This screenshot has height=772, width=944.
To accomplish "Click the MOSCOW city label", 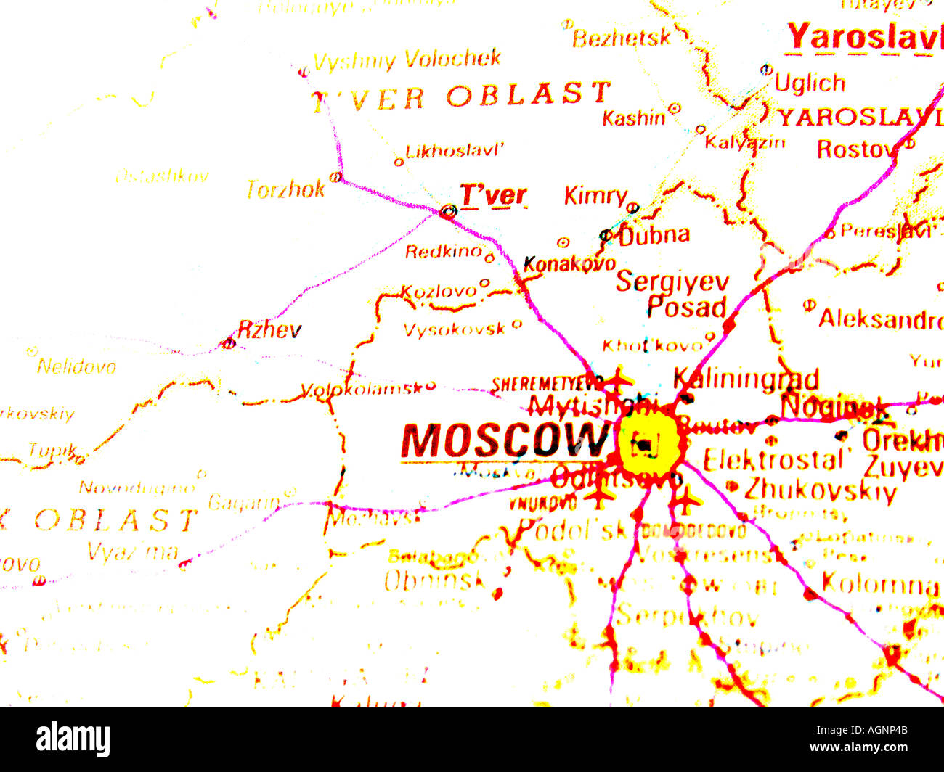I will [502, 440].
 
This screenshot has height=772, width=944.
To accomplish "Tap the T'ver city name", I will [493, 195].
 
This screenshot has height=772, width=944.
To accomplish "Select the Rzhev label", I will [269, 330].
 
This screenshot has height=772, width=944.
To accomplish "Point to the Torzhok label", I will [286, 189].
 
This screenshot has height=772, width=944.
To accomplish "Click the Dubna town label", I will [654, 234].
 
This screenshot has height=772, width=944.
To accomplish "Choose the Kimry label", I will [595, 196].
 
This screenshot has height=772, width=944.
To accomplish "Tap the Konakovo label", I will [569, 264].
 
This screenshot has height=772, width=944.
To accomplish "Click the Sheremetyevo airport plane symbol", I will [618, 379].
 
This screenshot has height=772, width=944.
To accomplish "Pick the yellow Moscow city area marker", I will [648, 441].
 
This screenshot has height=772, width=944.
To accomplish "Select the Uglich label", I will [810, 83].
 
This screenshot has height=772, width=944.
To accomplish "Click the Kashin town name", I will [633, 118].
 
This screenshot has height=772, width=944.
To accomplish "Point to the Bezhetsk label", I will [621, 38].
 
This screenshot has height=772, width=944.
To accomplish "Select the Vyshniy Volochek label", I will [407, 59].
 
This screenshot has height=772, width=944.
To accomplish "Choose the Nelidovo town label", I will [76, 366].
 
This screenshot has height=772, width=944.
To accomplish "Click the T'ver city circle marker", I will [448, 212].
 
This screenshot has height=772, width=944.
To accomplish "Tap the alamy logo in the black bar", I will [73, 739].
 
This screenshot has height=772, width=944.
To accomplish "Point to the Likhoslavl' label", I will [455, 152].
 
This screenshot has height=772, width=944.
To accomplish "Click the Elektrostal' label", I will [776, 460].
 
